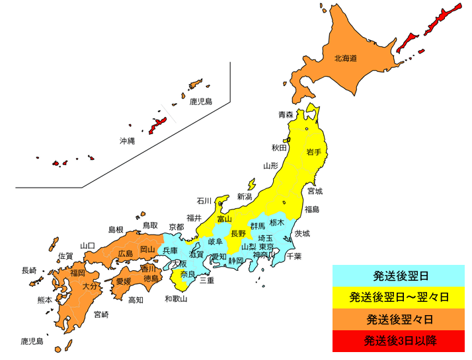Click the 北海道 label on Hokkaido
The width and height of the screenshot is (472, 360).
point(345,58)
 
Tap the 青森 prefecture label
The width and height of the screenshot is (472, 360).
point(286,114)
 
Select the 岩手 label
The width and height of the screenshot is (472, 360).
point(314,152)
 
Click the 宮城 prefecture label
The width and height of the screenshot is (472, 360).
point(315,192)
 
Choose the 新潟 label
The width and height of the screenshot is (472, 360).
point(245,197)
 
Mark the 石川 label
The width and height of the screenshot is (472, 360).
point(204,201)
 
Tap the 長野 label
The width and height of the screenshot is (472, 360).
point(238,233)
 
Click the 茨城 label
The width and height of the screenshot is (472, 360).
point(302,233)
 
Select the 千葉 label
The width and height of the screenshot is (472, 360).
point(294,256)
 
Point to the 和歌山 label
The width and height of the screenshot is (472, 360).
point(176,299)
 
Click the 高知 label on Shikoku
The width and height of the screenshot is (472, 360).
point(135,300)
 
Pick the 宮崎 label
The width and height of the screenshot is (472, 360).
point(101,314)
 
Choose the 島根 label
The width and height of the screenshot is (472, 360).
point(116,229)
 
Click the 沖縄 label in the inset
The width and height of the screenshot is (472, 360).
point(126,141)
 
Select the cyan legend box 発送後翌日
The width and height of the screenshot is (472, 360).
point(399,275)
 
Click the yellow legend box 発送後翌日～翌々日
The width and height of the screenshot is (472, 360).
point(399,297)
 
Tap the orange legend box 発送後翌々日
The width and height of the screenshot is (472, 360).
point(399,319)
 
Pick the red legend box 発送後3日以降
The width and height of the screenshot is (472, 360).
point(399,341)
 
